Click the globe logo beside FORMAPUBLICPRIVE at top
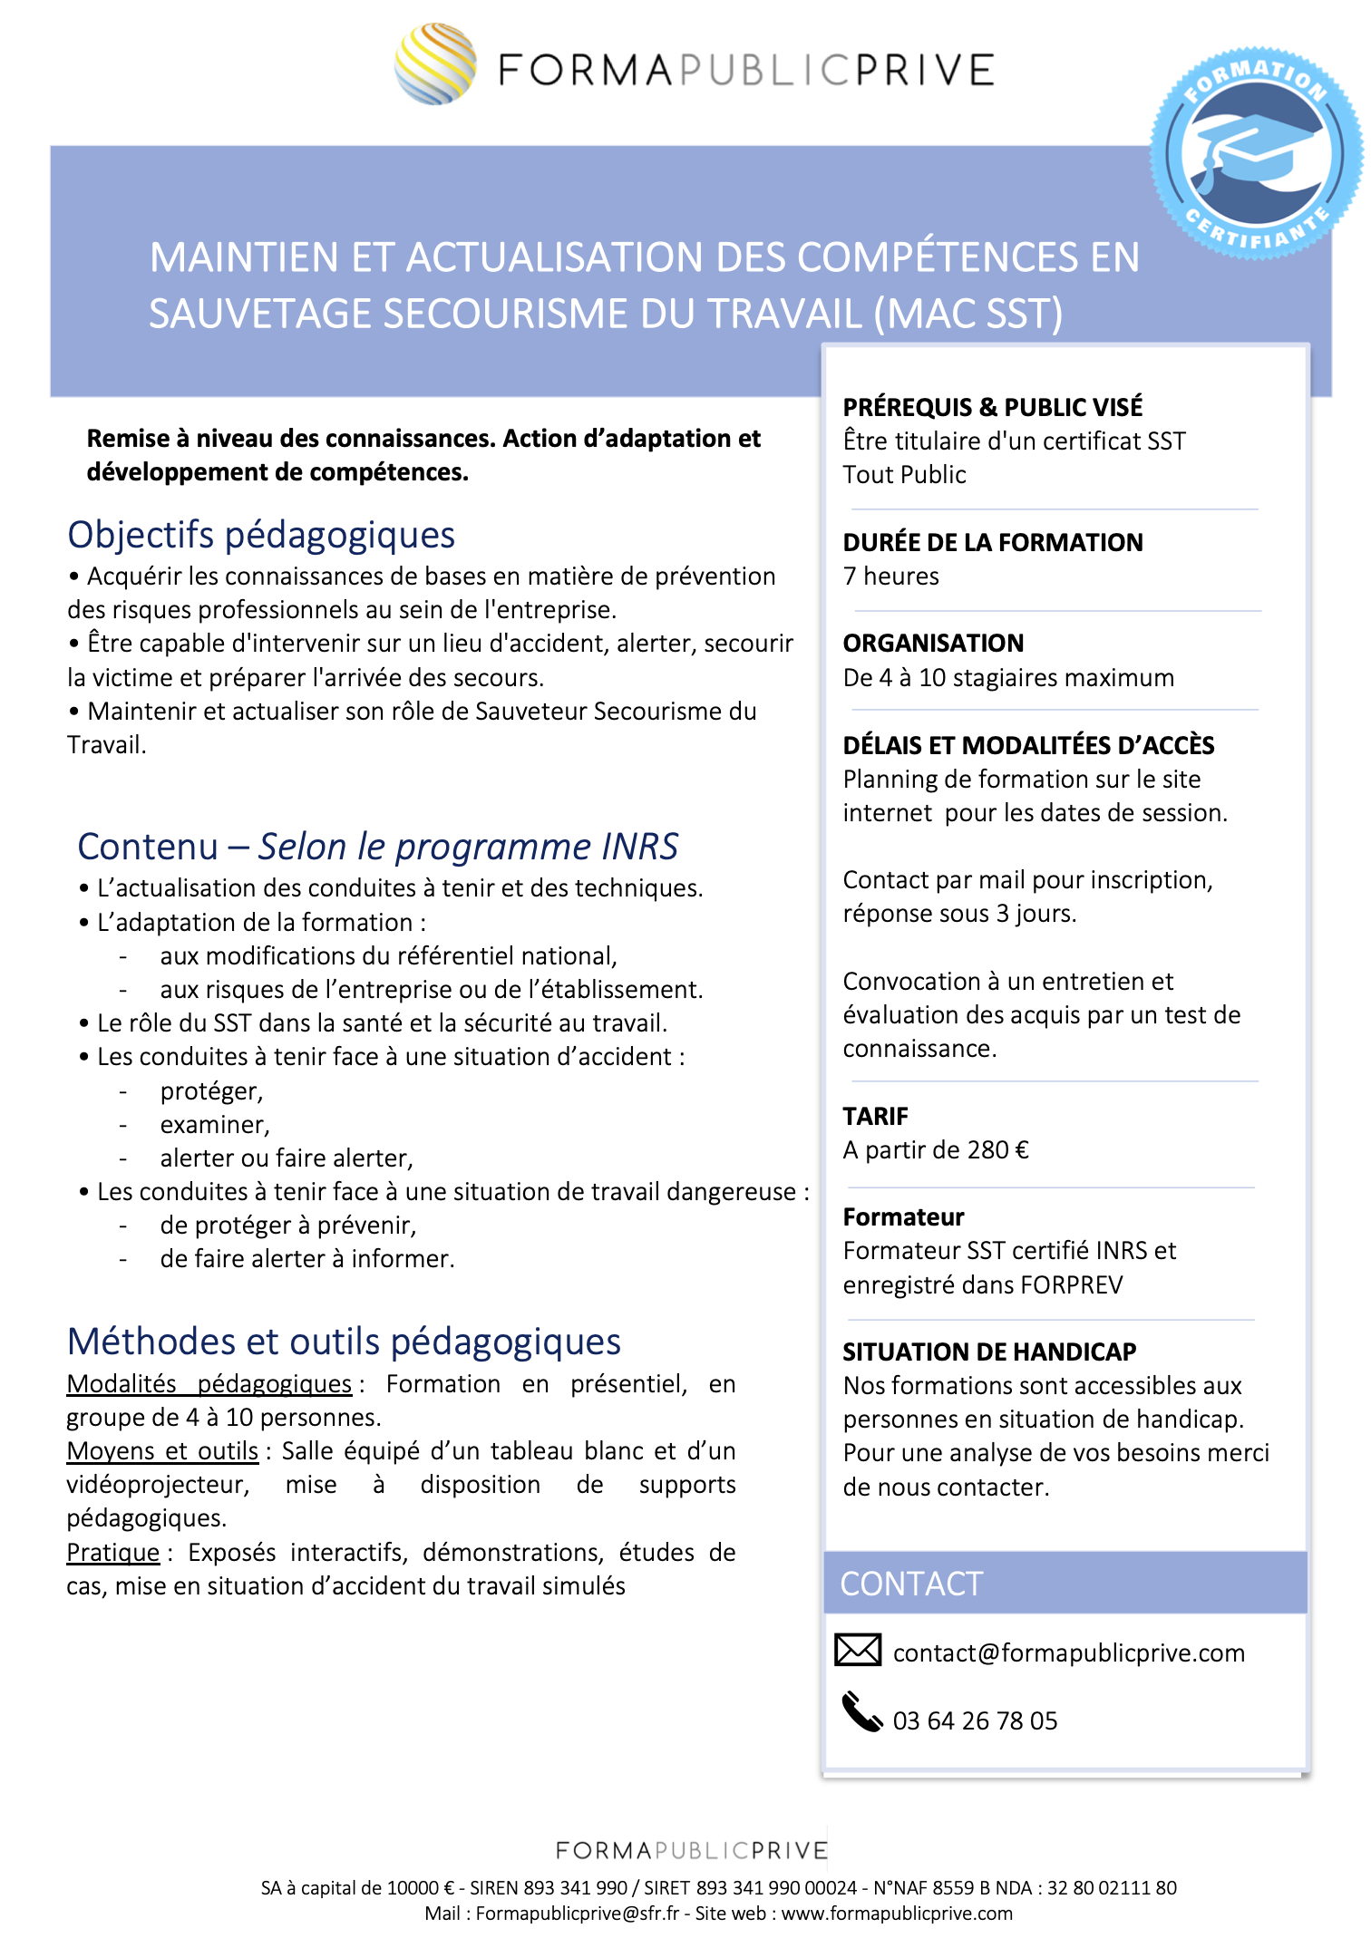[x=435, y=64]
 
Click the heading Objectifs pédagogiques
[x=261, y=535]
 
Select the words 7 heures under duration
[x=890, y=577]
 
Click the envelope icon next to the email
[x=857, y=1650]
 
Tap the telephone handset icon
[x=861, y=1711]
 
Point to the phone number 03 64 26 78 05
[x=975, y=1720]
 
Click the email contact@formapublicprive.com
[x=1068, y=1653]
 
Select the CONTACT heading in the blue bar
[x=911, y=1584]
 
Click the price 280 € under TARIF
[x=997, y=1150]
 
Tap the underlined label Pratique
[x=113, y=1553]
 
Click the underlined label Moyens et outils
[x=163, y=1451]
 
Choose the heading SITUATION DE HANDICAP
[x=989, y=1352]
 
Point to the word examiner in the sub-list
[x=213, y=1125]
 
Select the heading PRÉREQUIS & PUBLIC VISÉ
[x=992, y=407]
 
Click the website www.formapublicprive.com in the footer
[x=897, y=1914]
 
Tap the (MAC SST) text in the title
[x=968, y=315]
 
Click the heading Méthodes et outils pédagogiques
[x=344, y=1342]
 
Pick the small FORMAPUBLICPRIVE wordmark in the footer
[x=692, y=1850]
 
